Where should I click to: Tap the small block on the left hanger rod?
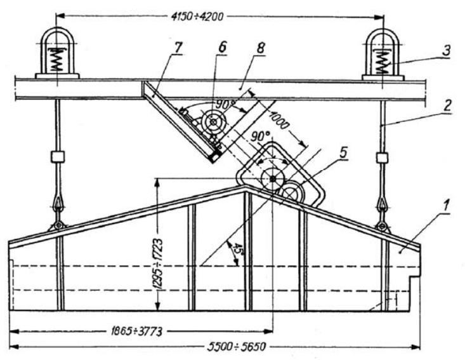pyautogui.click(x=57, y=156)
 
